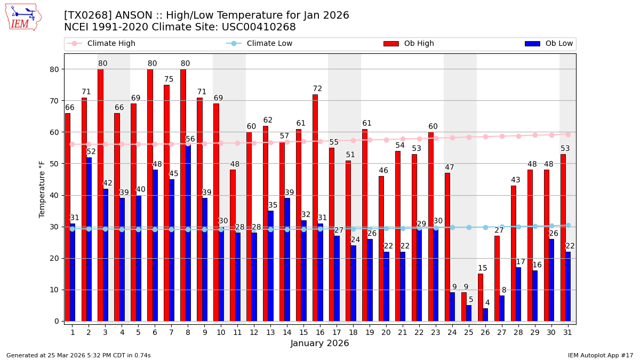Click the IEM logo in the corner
pos(23,17)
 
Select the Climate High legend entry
pos(111,44)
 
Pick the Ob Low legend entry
pos(559,44)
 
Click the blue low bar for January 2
pos(89,239)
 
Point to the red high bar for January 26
pos(481,297)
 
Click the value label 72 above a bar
pos(317,89)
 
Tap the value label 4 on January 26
pos(487,303)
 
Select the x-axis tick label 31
pos(568,332)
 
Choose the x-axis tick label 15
pos(303,332)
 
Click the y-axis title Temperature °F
pos(43,189)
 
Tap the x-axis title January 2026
pos(319,343)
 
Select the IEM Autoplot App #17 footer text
pos(600,355)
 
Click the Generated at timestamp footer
pos(78,355)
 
